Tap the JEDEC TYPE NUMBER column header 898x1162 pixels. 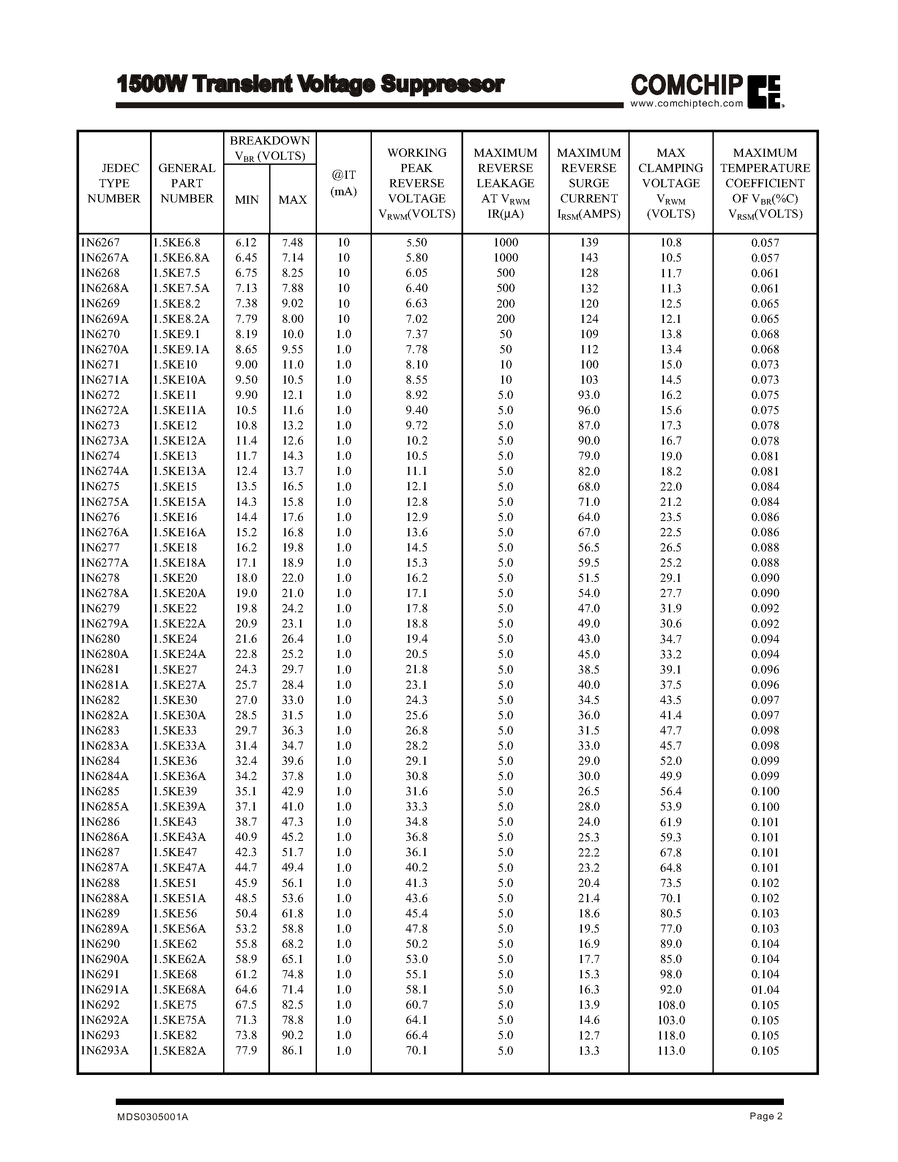[114, 183]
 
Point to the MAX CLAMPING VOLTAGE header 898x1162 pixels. [670, 183]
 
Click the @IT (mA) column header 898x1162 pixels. [343, 183]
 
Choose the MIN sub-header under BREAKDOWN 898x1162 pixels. [246, 199]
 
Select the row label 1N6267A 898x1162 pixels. [104, 257]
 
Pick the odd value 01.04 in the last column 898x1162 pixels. [764, 990]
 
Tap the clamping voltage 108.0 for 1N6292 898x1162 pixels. [671, 1005]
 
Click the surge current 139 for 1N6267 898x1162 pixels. [589, 242]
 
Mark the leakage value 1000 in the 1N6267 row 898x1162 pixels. [505, 242]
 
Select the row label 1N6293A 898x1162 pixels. [104, 1051]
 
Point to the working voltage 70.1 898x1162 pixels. [417, 1051]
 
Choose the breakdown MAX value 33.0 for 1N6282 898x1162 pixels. [292, 700]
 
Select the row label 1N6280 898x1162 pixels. [100, 638]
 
